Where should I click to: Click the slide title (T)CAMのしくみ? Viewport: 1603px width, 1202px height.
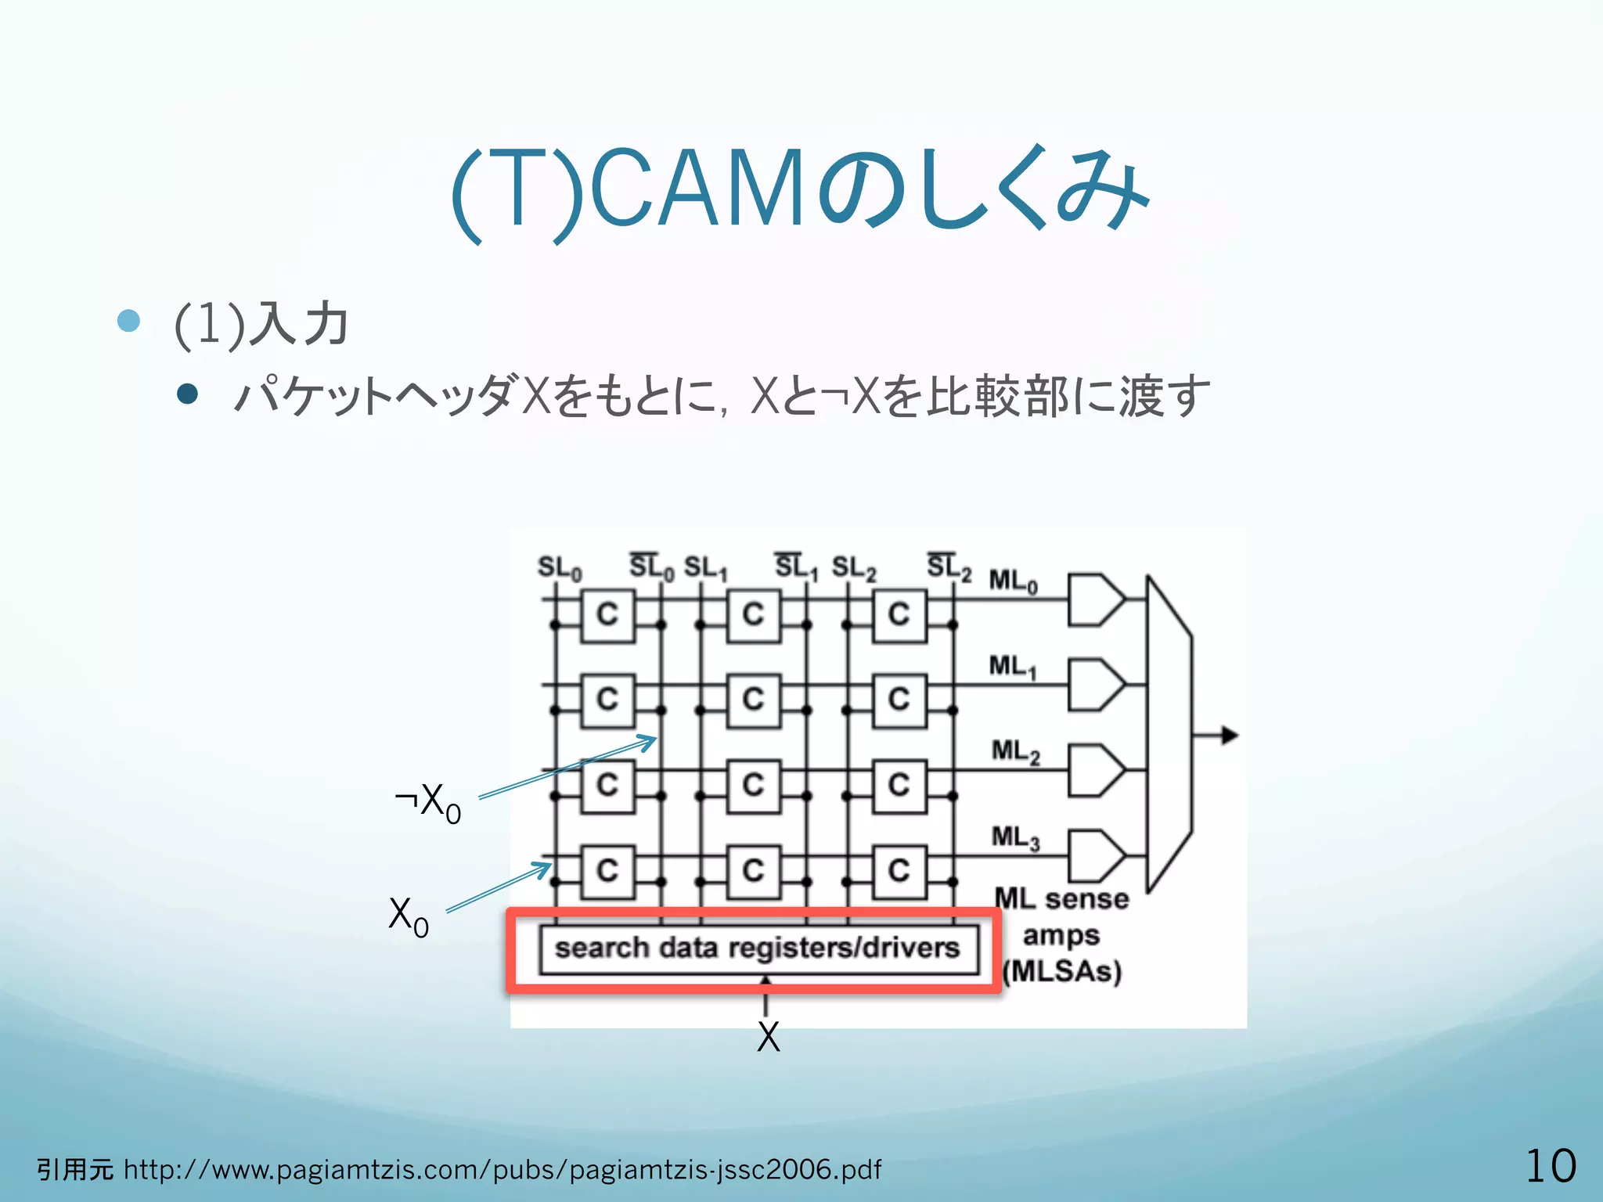800,190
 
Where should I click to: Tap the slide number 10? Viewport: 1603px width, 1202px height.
1551,1166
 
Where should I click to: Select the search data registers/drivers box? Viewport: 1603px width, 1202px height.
758,949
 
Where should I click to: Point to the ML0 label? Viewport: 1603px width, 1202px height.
1013,582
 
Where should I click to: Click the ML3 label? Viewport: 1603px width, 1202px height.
1015,838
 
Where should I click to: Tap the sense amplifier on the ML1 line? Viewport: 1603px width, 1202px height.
1095,685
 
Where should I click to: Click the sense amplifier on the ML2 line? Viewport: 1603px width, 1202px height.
1095,770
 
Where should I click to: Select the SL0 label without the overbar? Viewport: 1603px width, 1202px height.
559,568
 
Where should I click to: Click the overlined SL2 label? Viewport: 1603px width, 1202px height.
949,567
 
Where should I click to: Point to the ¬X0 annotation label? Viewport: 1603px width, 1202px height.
428,803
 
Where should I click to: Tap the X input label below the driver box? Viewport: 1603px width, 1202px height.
768,1038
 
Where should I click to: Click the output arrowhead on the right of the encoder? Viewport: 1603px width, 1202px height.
1230,736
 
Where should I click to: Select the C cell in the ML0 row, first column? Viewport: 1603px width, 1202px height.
607,615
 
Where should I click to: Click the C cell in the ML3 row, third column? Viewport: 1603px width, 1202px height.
899,870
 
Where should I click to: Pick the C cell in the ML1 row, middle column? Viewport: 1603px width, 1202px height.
753,700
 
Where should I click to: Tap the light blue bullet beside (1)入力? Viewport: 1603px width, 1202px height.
128,321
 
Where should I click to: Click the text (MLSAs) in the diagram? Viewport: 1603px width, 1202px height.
1062,972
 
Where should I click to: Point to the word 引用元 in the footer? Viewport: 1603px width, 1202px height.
75,1170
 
